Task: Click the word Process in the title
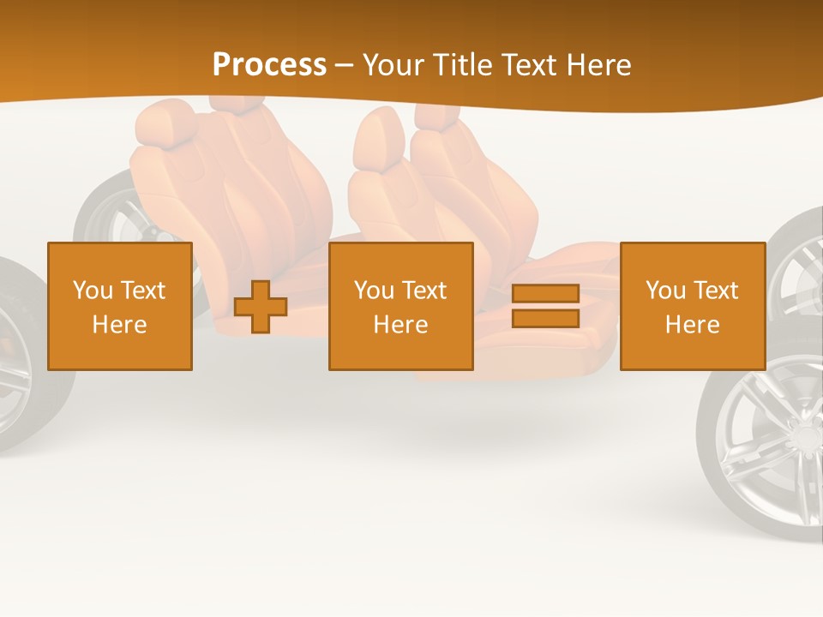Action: tap(269, 65)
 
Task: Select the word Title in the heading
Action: tap(464, 65)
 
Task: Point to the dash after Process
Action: tap(344, 66)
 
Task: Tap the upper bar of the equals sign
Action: tap(545, 293)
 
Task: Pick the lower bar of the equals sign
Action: tap(545, 318)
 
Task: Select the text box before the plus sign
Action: tap(120, 306)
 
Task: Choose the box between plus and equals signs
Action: tap(400, 306)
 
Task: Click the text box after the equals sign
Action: tap(692, 306)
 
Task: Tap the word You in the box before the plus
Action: tap(92, 291)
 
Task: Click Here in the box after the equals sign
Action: tap(692, 325)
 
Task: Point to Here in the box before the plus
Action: tap(120, 325)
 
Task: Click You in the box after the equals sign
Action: tap(665, 291)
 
